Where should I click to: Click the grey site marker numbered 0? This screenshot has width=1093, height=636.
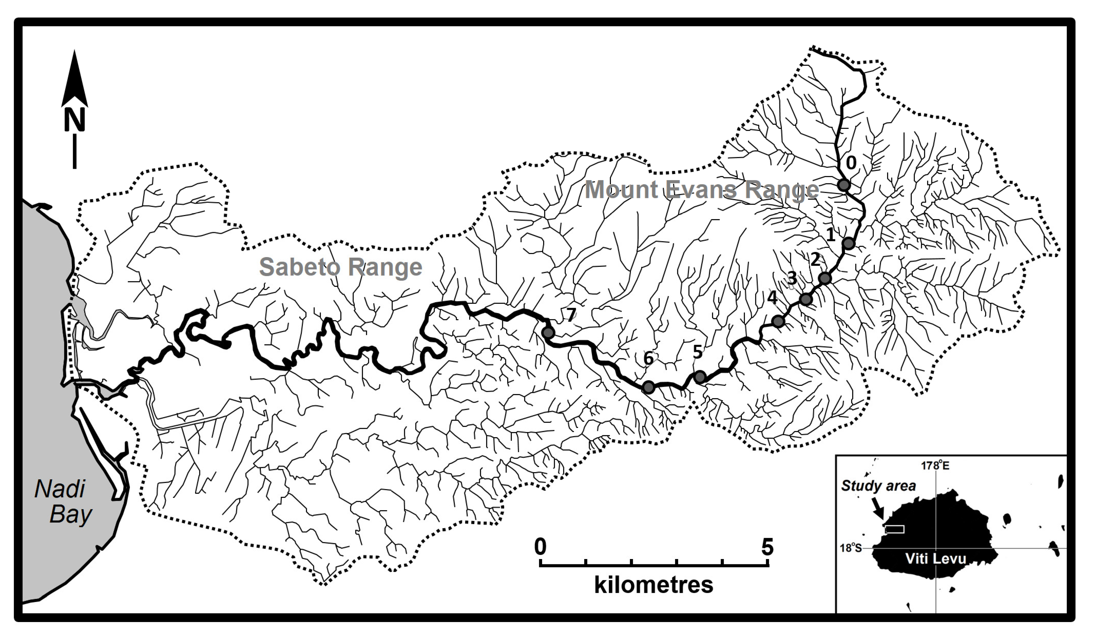pyautogui.click(x=843, y=185)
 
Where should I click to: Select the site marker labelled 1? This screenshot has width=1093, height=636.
pyautogui.click(x=848, y=243)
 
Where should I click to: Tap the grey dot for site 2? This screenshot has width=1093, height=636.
pyautogui.click(x=825, y=278)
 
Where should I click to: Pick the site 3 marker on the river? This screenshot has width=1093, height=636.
pyautogui.click(x=805, y=299)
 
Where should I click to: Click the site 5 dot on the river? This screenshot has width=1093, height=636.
pyautogui.click(x=699, y=377)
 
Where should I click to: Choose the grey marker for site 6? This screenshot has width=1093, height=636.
pyautogui.click(x=648, y=387)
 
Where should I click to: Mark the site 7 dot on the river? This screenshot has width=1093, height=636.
pyautogui.click(x=548, y=333)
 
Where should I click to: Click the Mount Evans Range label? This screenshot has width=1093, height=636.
pyautogui.click(x=701, y=190)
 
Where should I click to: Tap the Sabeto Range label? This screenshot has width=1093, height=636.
pyautogui.click(x=341, y=267)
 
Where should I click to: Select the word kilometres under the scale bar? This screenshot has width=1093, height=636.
pyautogui.click(x=654, y=585)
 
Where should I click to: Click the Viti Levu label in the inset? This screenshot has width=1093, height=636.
pyautogui.click(x=936, y=558)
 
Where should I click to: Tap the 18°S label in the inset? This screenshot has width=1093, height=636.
pyautogui.click(x=851, y=548)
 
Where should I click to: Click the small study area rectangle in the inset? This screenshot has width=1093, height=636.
pyautogui.click(x=894, y=529)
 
